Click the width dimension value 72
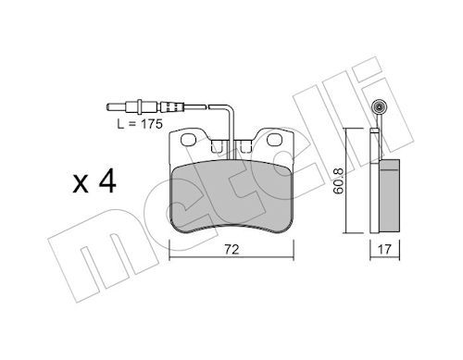[x=231, y=249]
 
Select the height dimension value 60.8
[x=339, y=181]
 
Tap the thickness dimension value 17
[x=384, y=249]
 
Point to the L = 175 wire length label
[x=140, y=124]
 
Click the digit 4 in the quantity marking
[x=106, y=182]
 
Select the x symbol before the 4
[x=81, y=184]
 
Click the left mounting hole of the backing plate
[x=189, y=140]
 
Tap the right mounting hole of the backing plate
[x=275, y=140]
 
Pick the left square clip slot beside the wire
[x=217, y=146]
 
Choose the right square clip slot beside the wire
[x=246, y=146]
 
